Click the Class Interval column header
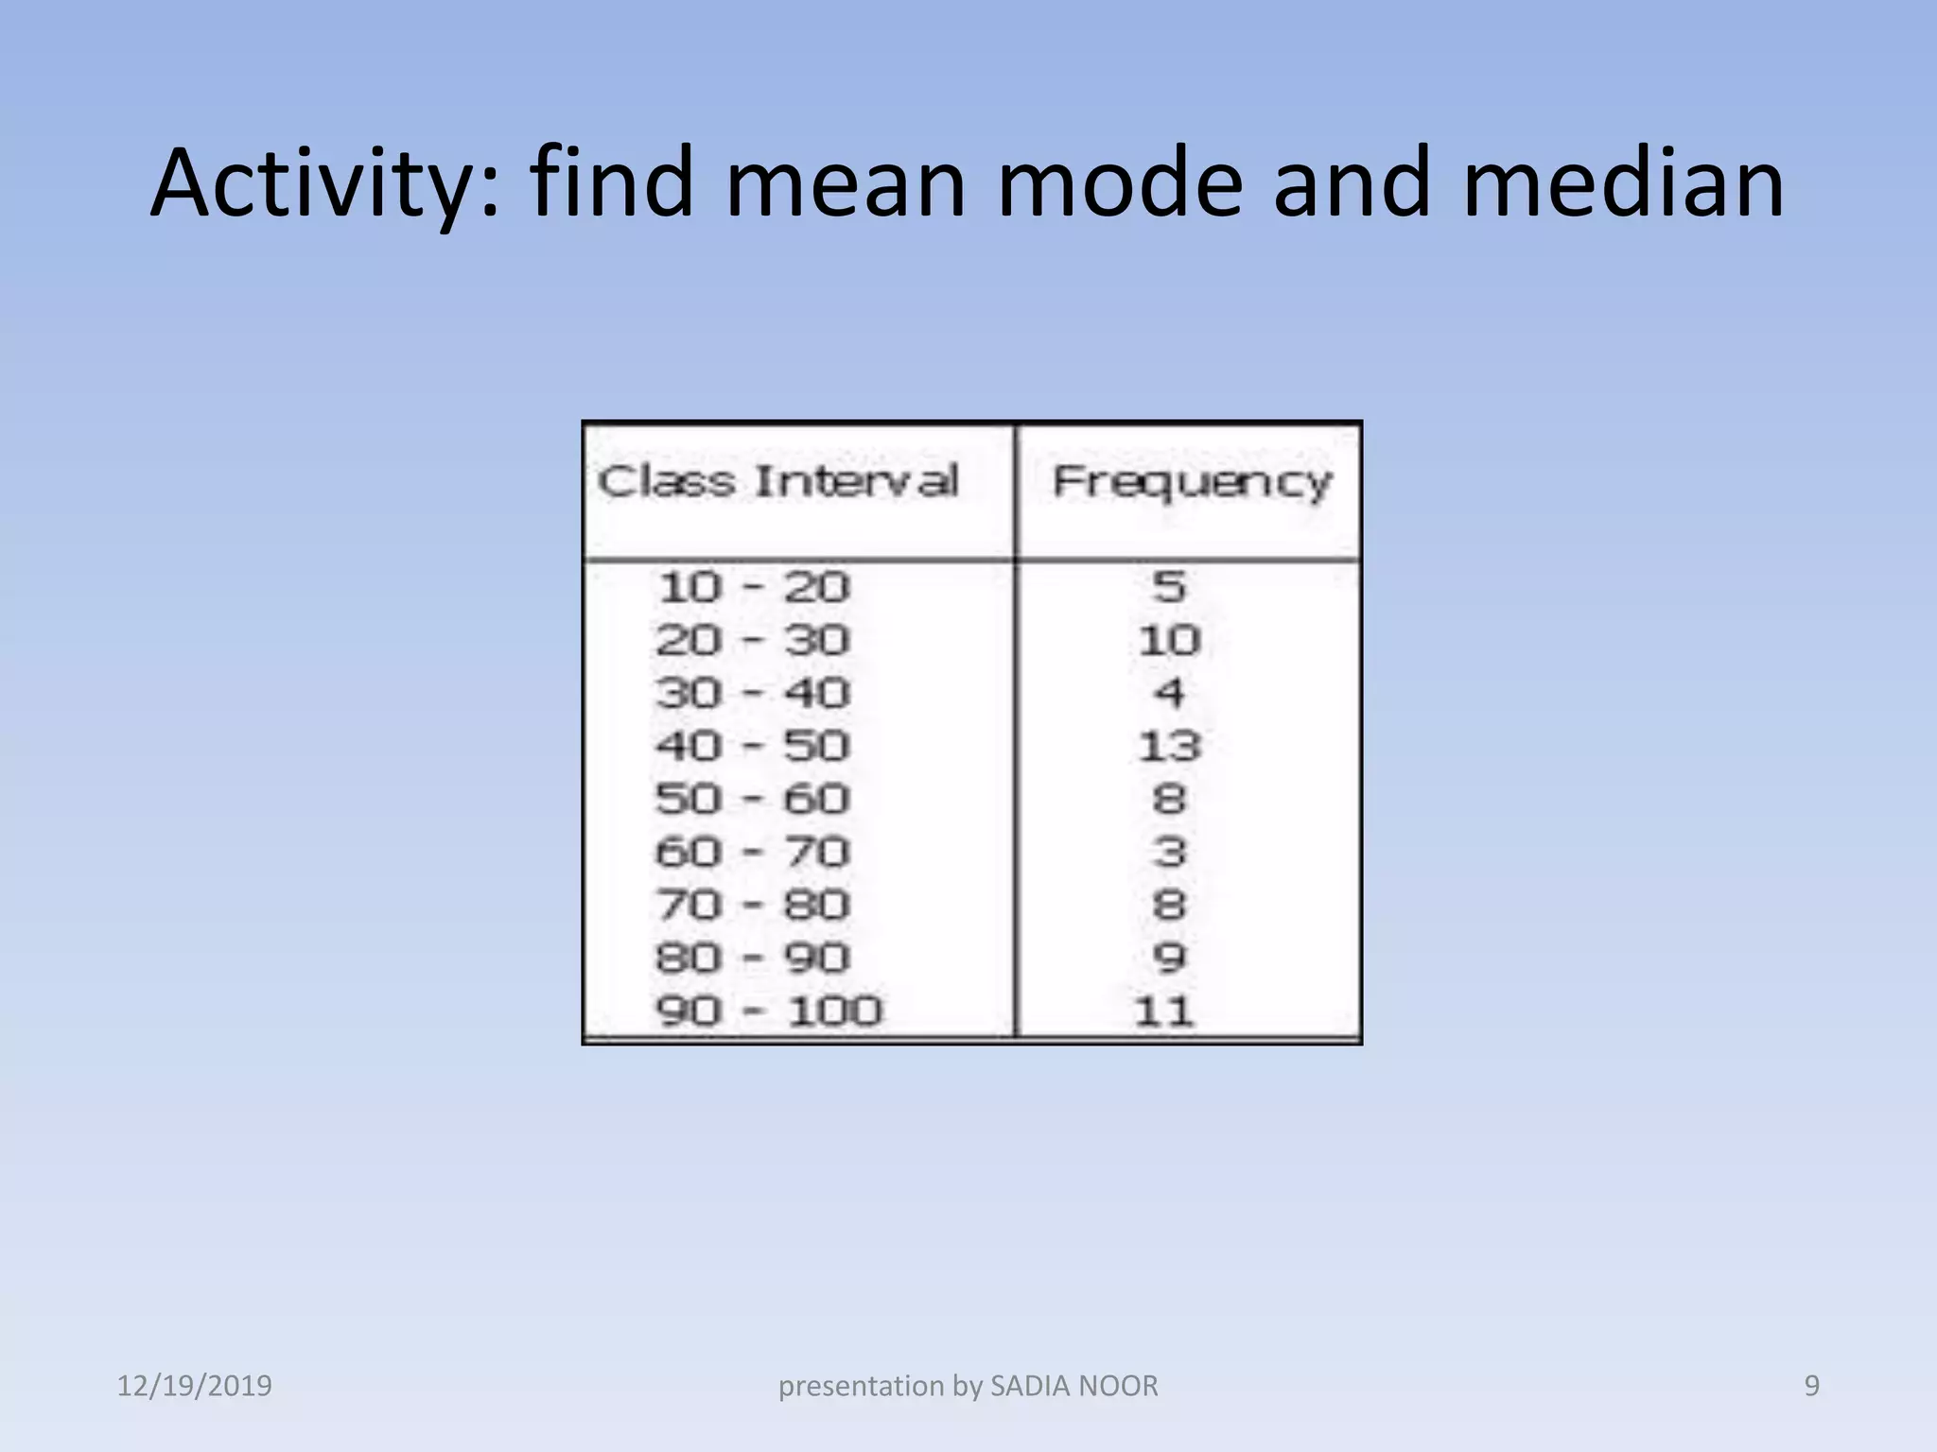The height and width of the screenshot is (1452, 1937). [x=777, y=481]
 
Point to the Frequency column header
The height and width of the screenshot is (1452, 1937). [x=1192, y=482]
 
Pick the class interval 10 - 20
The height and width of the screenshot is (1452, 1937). [x=754, y=588]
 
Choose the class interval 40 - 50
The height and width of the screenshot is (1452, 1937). [x=753, y=747]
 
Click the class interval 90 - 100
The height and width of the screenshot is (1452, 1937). [x=768, y=1011]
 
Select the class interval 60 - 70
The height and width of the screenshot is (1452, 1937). [x=753, y=853]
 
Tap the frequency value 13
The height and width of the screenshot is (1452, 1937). [x=1169, y=747]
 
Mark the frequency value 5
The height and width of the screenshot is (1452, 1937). [x=1169, y=588]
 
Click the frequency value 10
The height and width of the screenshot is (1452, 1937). [x=1169, y=641]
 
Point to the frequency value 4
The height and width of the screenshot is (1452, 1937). [x=1169, y=694]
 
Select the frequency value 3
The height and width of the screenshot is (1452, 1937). [x=1169, y=853]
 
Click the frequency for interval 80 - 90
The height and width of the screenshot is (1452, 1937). [x=1169, y=959]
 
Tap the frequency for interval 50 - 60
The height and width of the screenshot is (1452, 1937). [x=1169, y=800]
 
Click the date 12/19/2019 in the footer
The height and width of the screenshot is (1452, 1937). [x=194, y=1386]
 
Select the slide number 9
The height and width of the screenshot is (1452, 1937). [x=1812, y=1386]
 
